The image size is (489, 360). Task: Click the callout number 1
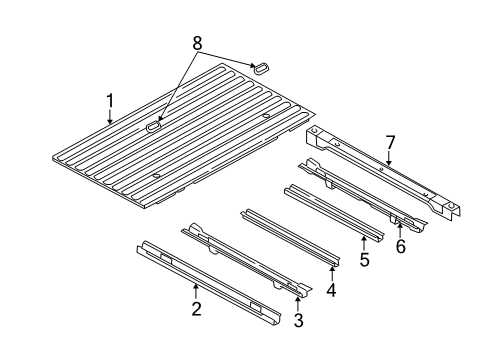(x=111, y=100)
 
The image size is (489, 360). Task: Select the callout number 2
(x=197, y=309)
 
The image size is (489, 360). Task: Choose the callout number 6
(x=400, y=247)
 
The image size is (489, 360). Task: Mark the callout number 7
(x=391, y=142)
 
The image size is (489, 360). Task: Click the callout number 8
(x=196, y=43)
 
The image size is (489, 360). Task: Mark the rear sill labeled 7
(x=380, y=170)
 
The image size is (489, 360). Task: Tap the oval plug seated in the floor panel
(x=155, y=127)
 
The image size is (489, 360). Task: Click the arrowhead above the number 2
(x=197, y=287)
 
